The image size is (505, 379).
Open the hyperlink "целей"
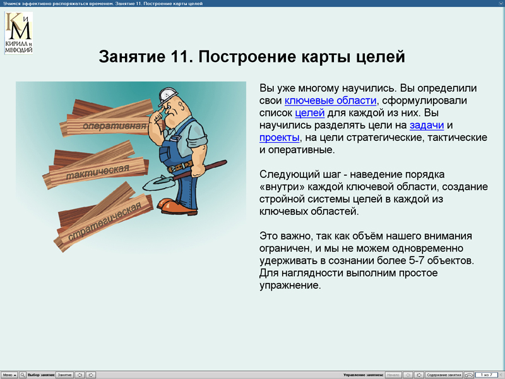click(x=309, y=113)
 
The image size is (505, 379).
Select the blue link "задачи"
click(x=426, y=126)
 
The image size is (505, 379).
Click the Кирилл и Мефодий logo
click(x=18, y=32)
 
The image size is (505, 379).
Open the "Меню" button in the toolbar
click(x=9, y=375)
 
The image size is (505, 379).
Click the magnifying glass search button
click(x=23, y=375)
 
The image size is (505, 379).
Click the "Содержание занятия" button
click(x=444, y=375)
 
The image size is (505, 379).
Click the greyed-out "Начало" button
click(x=393, y=375)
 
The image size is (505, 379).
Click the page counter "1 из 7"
click(x=486, y=375)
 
